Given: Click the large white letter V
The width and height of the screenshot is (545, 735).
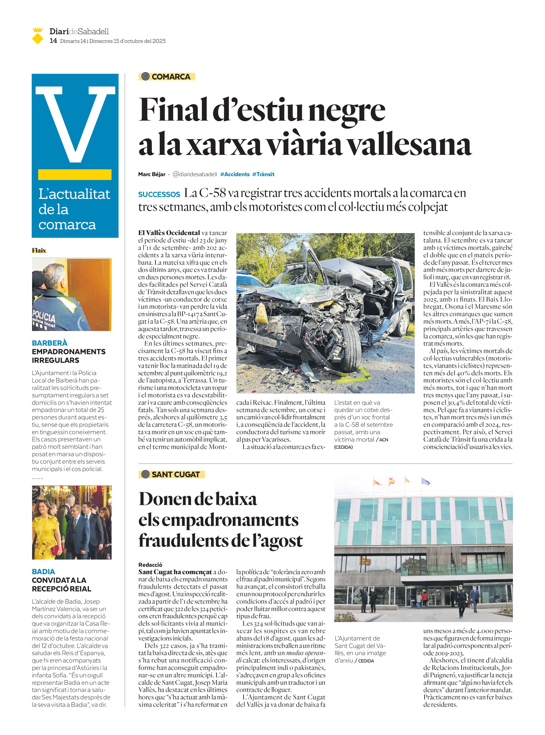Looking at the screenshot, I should [x=75, y=124].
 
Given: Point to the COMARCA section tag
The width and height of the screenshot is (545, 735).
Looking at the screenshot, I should [x=167, y=77].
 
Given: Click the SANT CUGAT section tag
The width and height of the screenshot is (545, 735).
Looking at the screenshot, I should [x=171, y=475].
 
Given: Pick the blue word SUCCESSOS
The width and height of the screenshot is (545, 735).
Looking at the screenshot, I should [x=159, y=194].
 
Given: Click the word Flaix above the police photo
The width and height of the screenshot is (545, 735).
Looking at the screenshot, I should [x=39, y=251].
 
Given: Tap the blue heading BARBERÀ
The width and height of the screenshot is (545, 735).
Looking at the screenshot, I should [x=50, y=343].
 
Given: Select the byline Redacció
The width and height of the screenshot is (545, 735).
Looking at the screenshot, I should [x=150, y=565].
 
